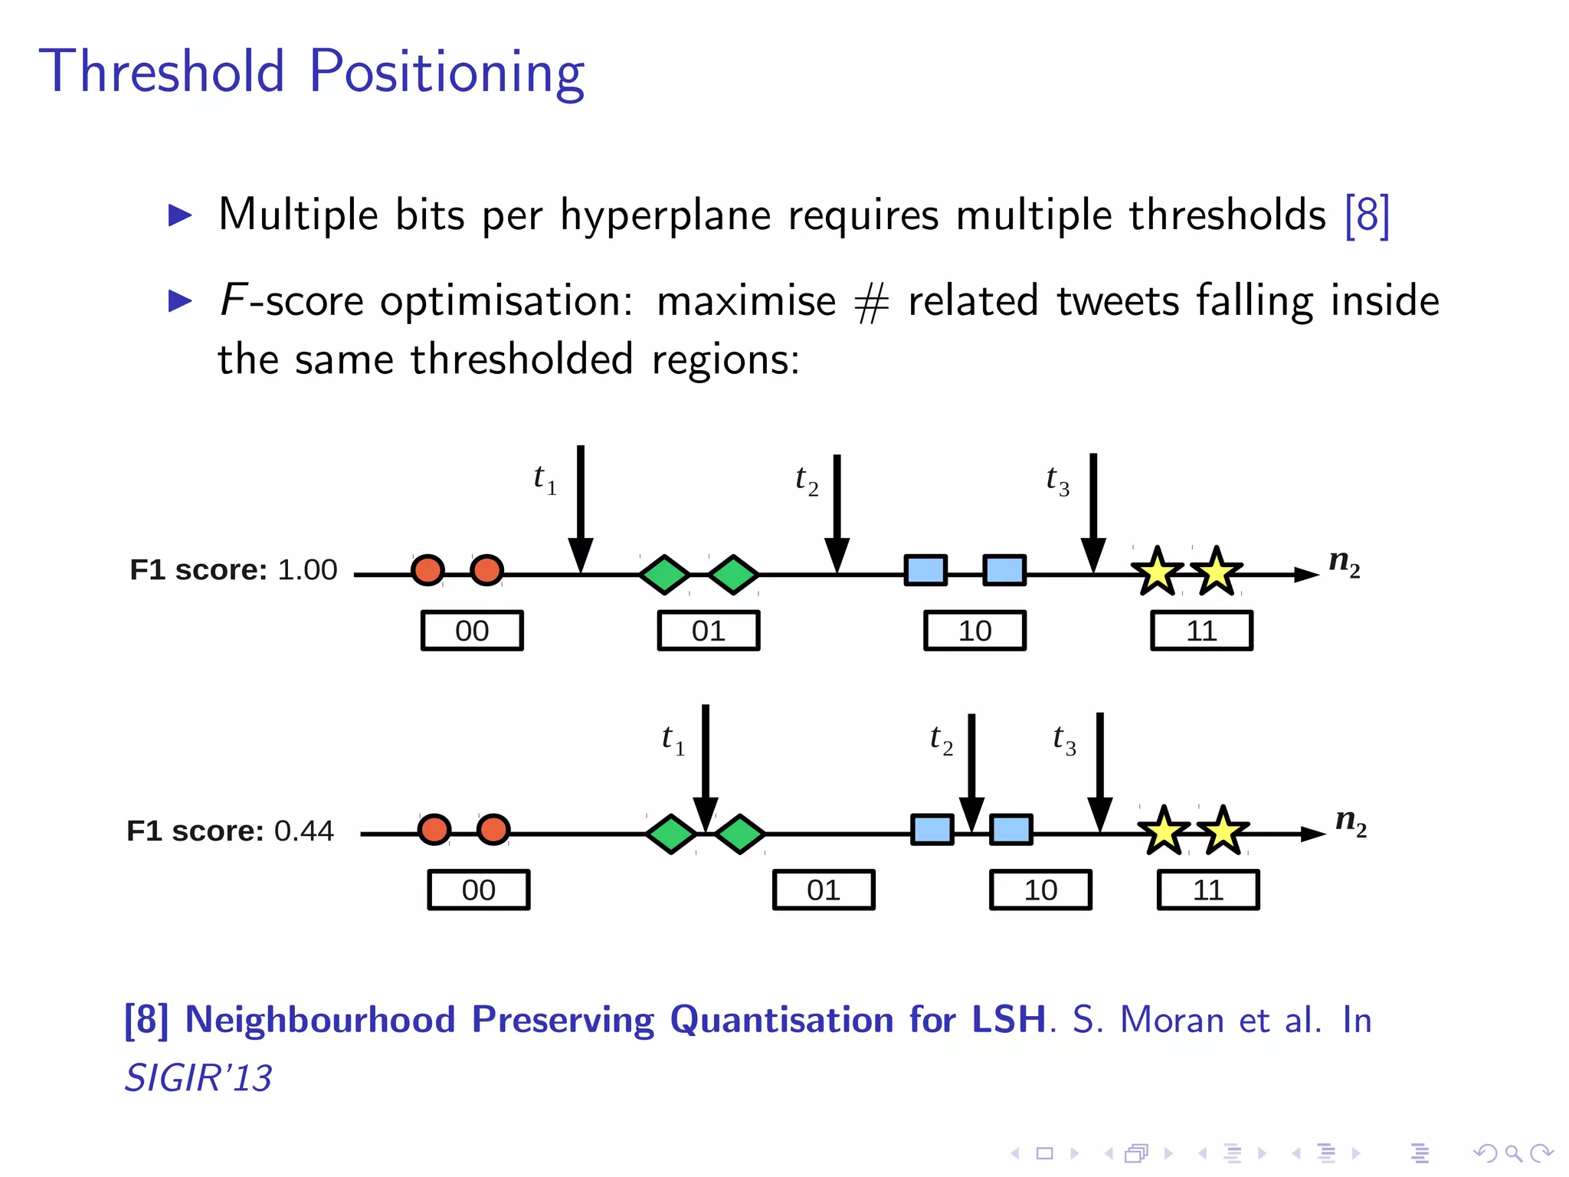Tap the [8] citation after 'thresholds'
(x=1367, y=215)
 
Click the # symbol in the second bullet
(x=872, y=302)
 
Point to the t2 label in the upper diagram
(x=807, y=481)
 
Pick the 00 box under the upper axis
(x=472, y=631)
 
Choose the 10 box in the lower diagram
(x=1040, y=890)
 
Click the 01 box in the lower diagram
(x=824, y=890)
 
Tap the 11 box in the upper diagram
(x=1201, y=631)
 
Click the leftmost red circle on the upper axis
(x=427, y=570)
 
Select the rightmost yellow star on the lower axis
(x=1223, y=831)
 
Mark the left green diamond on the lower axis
(x=671, y=834)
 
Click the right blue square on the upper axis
(x=1004, y=570)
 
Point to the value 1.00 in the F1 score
(x=307, y=570)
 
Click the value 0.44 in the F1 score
(x=304, y=831)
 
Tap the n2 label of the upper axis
(x=1344, y=563)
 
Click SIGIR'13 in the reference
(x=198, y=1078)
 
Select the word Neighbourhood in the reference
(x=320, y=1020)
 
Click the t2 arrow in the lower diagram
(x=971, y=770)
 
